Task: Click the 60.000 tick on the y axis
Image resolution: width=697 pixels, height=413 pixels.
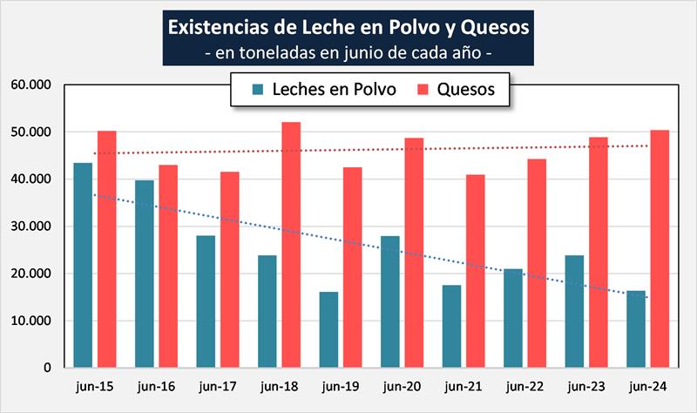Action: (x=32, y=85)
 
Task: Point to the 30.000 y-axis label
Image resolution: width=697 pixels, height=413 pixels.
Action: (x=32, y=227)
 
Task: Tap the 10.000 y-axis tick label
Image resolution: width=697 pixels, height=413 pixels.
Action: (x=32, y=321)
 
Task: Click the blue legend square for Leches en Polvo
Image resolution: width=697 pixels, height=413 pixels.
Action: (x=257, y=90)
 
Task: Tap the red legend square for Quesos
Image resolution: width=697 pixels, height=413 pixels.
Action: (x=425, y=90)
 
